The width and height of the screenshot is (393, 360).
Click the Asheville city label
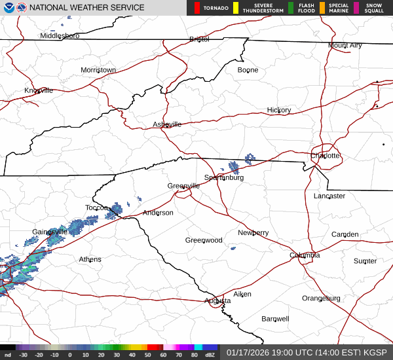(167, 124)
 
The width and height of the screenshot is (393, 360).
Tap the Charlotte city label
(326, 156)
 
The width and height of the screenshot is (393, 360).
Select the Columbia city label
(305, 255)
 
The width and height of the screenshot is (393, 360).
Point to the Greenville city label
(183, 186)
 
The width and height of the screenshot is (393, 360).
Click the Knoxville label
(39, 90)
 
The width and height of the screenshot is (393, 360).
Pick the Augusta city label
(217, 300)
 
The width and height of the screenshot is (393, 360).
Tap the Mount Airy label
(345, 45)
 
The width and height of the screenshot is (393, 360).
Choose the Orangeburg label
(321, 298)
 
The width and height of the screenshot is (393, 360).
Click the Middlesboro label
(60, 36)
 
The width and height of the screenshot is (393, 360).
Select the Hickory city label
(279, 110)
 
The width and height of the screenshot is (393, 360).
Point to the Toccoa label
(96, 208)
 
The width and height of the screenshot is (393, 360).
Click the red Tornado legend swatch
(196, 8)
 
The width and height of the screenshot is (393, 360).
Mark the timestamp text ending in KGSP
(308, 352)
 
